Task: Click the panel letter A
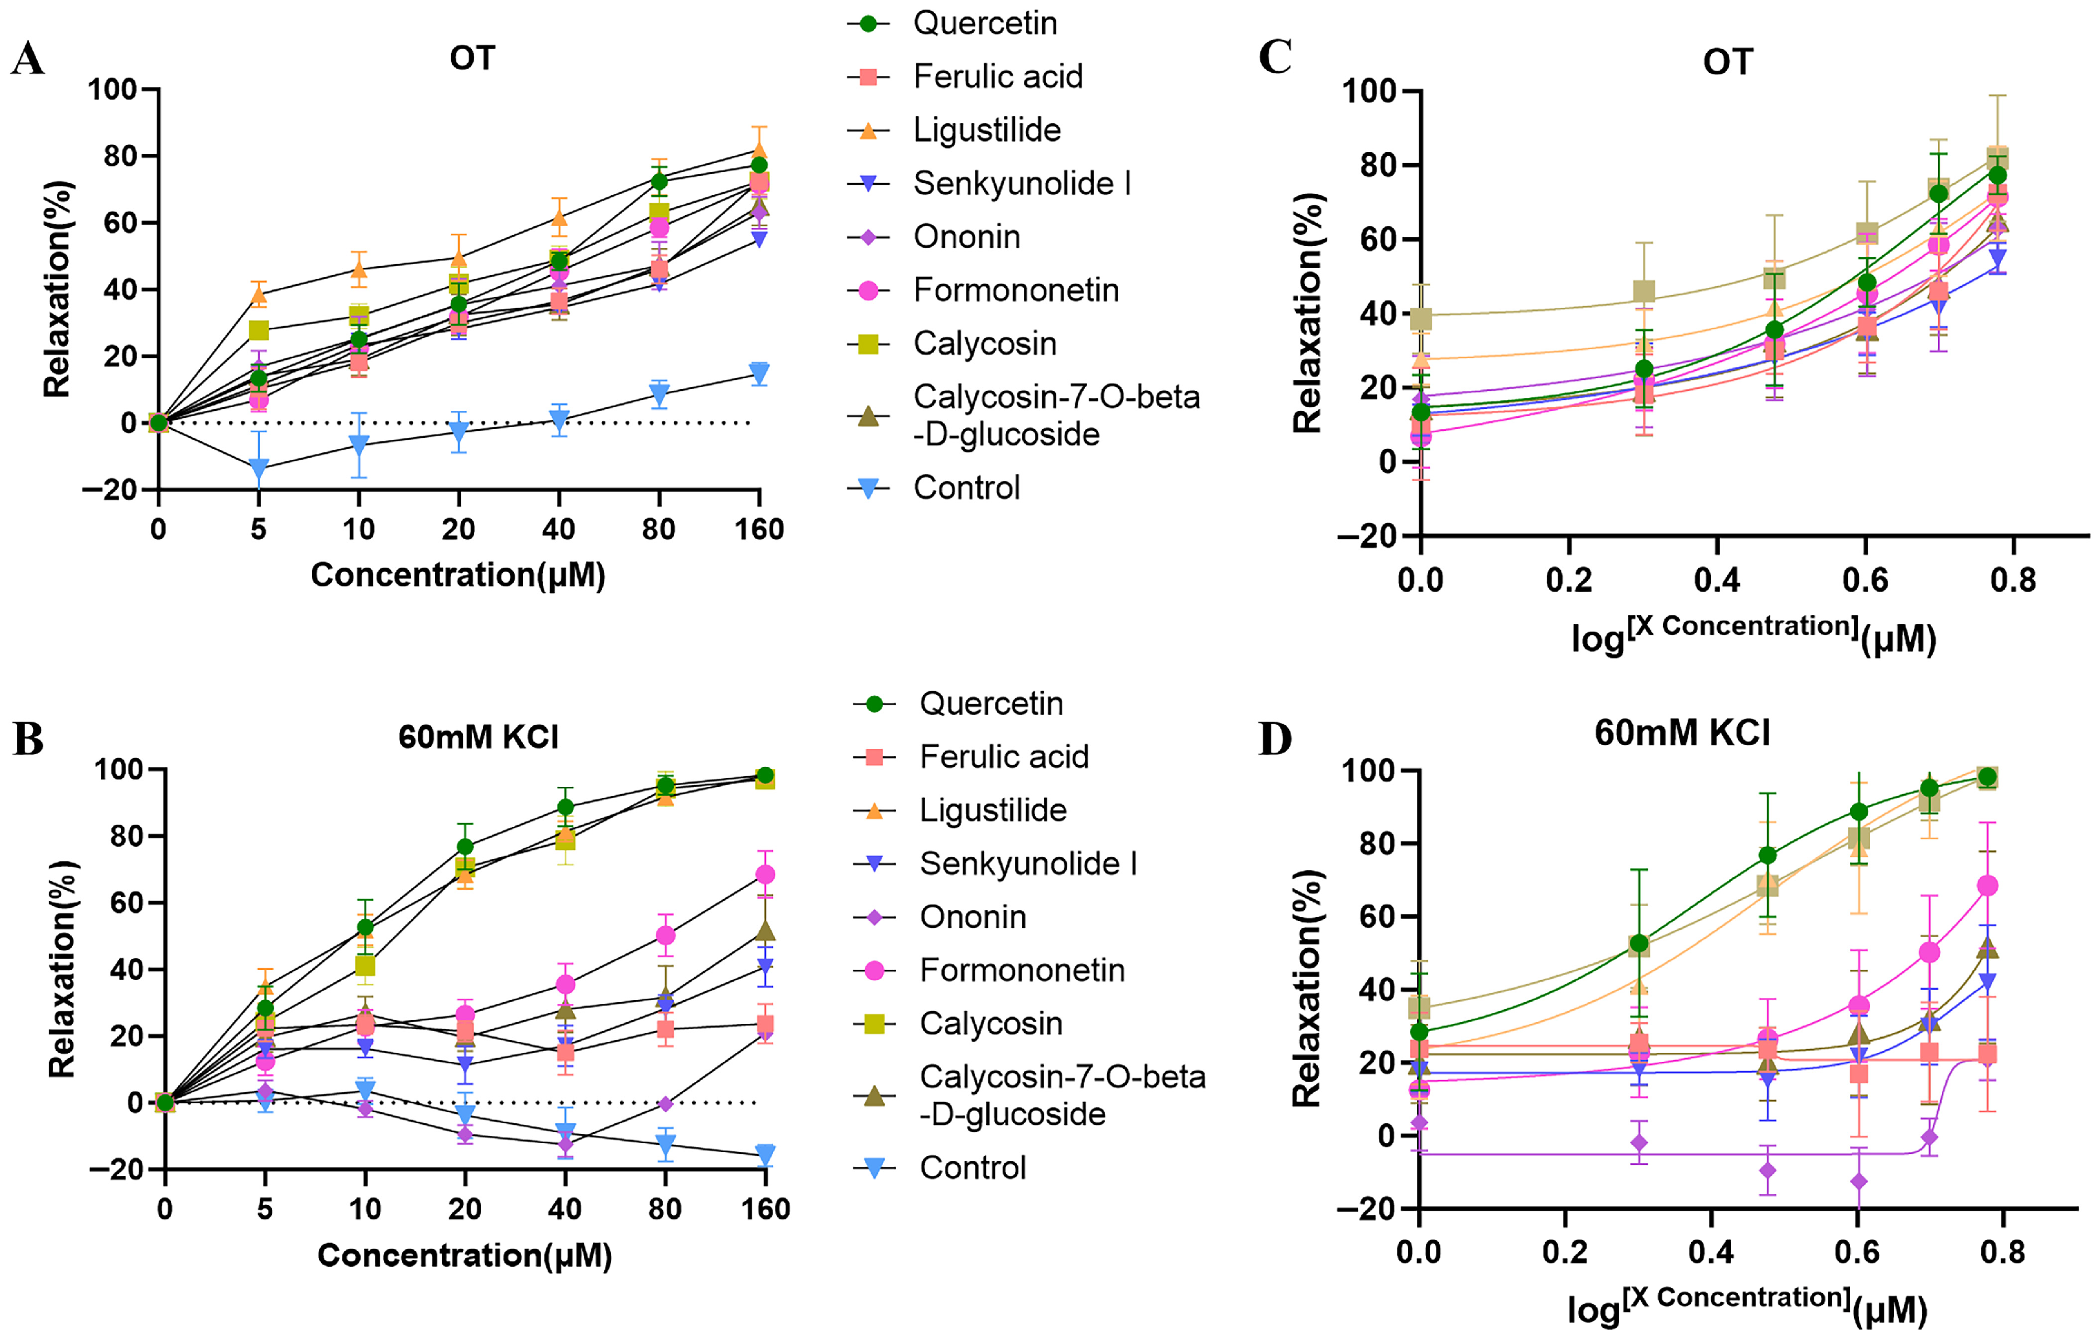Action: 28,60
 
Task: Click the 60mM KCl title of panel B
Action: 478,737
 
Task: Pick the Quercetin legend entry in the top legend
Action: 985,23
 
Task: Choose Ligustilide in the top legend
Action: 986,131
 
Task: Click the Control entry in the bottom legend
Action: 972,1168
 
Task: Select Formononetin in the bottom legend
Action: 1021,970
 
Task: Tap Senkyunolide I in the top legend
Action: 1021,184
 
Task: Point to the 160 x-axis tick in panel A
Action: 759,530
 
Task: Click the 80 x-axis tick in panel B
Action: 665,1210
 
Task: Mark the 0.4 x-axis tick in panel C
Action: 1717,579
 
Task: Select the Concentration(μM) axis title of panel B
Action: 465,1256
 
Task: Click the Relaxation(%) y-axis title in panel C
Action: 1308,313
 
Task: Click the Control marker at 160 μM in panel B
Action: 765,1155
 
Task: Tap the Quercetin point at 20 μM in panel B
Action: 465,847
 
